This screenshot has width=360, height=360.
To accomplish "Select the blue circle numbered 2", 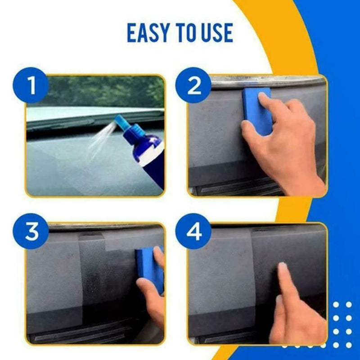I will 194,85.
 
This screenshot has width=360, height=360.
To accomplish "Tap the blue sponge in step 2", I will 256,108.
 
